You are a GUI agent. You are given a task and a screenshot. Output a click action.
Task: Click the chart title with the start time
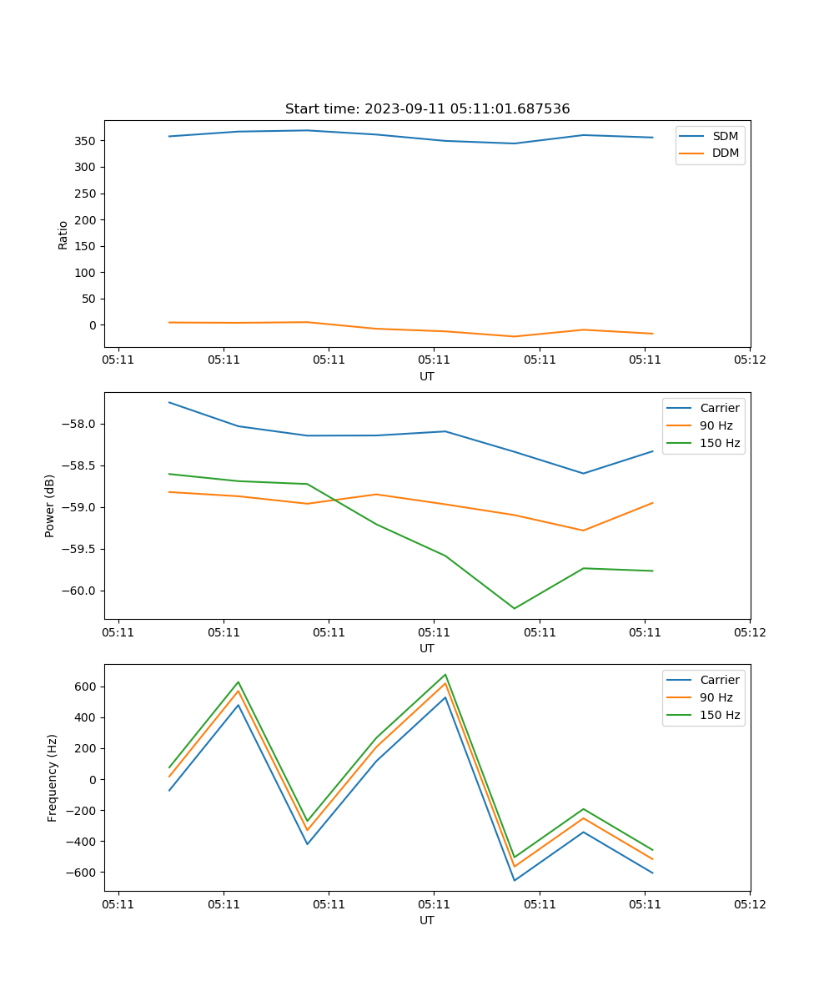coord(427,109)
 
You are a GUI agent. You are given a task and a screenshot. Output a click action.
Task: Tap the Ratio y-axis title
coord(63,234)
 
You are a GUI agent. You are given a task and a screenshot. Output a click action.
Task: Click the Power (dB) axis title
coord(50,506)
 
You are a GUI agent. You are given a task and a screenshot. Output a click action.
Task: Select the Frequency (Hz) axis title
coord(53,777)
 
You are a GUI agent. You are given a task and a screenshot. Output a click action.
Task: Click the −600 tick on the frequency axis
coord(81,873)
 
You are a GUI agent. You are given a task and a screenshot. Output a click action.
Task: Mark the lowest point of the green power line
coord(514,608)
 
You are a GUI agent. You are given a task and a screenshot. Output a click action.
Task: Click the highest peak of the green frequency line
coord(445,675)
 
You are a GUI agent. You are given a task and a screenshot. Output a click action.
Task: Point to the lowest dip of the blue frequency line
coord(514,880)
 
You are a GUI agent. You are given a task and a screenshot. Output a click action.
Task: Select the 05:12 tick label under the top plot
coord(749,361)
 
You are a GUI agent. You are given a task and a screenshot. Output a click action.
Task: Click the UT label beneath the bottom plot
coord(427,920)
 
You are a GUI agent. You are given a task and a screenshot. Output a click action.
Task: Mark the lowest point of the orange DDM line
coord(514,336)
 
